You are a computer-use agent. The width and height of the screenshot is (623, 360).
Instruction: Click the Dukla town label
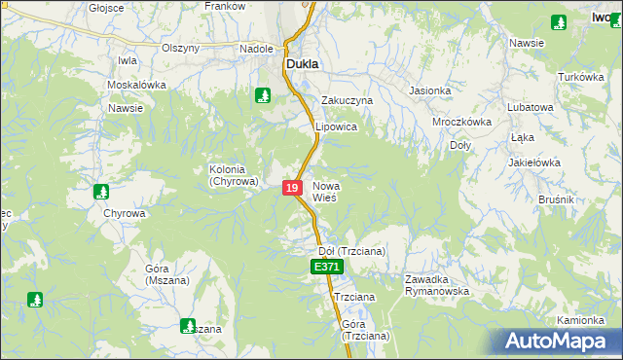pyautogui.click(x=304, y=64)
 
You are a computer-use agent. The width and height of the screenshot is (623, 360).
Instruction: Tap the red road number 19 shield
pyautogui.click(x=292, y=187)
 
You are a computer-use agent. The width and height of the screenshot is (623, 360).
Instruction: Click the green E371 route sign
pyautogui.click(x=326, y=267)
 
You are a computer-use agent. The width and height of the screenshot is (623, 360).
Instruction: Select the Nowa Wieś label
pyautogui.click(x=325, y=191)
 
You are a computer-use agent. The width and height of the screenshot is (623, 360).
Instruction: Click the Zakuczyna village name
pyautogui.click(x=348, y=100)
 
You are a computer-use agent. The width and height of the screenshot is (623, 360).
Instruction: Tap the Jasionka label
pyautogui.click(x=430, y=91)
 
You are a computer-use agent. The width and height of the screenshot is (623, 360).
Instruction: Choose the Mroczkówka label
pyautogui.click(x=461, y=123)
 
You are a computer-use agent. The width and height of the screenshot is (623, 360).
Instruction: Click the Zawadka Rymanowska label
pyautogui.click(x=437, y=285)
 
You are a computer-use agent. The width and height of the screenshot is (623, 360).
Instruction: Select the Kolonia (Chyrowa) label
pyautogui.click(x=234, y=175)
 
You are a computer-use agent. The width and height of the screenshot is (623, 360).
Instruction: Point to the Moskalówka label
pyautogui.click(x=136, y=85)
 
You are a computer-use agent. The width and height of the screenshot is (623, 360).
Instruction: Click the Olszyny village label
pyautogui.click(x=181, y=48)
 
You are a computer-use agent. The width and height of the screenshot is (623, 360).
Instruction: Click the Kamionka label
pyautogui.click(x=582, y=320)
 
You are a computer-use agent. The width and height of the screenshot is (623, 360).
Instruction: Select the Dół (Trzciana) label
pyautogui.click(x=352, y=250)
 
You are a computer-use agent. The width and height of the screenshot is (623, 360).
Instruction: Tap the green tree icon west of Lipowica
pyautogui.click(x=262, y=95)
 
